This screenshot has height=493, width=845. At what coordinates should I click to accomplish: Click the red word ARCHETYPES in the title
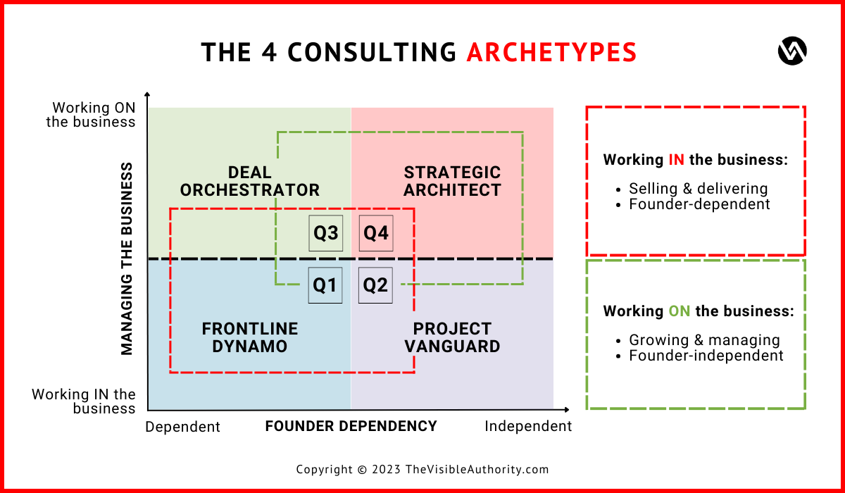tap(551, 53)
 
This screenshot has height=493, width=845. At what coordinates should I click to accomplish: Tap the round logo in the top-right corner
tap(792, 51)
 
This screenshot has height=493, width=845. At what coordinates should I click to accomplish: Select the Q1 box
tap(325, 285)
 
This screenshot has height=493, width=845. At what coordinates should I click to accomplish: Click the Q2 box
tap(375, 285)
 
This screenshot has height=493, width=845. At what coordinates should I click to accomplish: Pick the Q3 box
tap(326, 233)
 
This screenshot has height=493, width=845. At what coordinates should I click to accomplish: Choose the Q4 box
tap(376, 233)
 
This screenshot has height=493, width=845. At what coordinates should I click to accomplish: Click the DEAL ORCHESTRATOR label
tap(250, 181)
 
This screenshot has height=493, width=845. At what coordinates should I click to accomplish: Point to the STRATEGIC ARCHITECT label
tap(452, 181)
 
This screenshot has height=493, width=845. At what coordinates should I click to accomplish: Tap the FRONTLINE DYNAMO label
tap(250, 337)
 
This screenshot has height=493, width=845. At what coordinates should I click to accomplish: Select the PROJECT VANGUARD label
tap(452, 337)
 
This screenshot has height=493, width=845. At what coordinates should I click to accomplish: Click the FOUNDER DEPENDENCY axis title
tap(351, 426)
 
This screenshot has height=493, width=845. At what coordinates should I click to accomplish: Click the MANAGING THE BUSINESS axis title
tap(127, 258)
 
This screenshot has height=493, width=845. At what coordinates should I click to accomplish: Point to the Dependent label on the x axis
tap(183, 427)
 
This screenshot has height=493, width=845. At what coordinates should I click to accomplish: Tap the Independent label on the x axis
tap(528, 426)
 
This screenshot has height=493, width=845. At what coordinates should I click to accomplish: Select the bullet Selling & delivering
tap(698, 189)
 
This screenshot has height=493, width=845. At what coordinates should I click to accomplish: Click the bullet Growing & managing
tap(704, 340)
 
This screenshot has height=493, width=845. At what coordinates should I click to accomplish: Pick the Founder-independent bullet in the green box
tap(706, 356)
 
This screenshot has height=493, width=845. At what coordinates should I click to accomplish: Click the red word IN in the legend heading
tap(676, 160)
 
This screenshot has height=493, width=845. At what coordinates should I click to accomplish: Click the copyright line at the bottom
tap(422, 470)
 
